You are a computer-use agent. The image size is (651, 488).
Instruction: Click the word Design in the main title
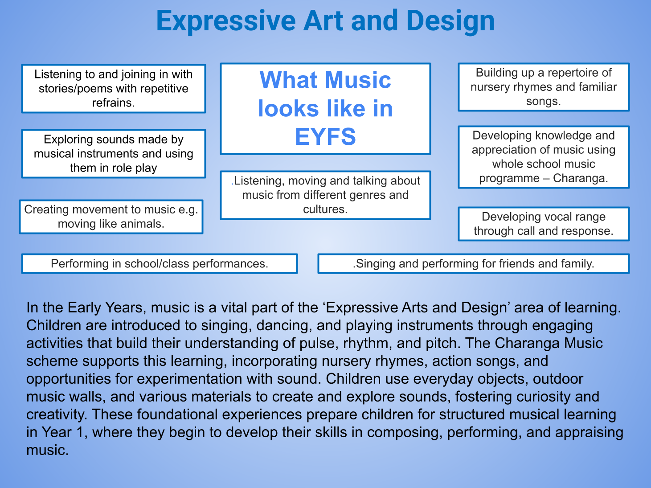[x=450, y=21]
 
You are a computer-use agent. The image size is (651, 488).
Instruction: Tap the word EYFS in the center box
[x=325, y=136]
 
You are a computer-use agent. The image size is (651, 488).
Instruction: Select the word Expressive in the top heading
[x=226, y=21]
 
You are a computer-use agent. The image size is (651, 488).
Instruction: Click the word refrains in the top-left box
[x=113, y=103]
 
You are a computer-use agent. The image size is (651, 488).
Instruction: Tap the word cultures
[x=325, y=209]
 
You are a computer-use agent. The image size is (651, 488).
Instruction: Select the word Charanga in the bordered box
[x=581, y=178]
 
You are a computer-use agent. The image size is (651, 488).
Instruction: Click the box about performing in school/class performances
[x=160, y=263]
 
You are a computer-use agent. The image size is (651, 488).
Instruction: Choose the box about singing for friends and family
[x=473, y=263]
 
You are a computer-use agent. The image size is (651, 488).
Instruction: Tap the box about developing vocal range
[x=544, y=224]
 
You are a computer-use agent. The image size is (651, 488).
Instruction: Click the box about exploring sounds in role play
[x=113, y=154]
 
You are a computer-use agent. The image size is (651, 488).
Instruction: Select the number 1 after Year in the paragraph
[x=80, y=432]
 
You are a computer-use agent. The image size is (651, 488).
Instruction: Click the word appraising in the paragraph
[x=590, y=433]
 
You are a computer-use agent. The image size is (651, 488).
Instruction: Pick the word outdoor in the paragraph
[x=558, y=379]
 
